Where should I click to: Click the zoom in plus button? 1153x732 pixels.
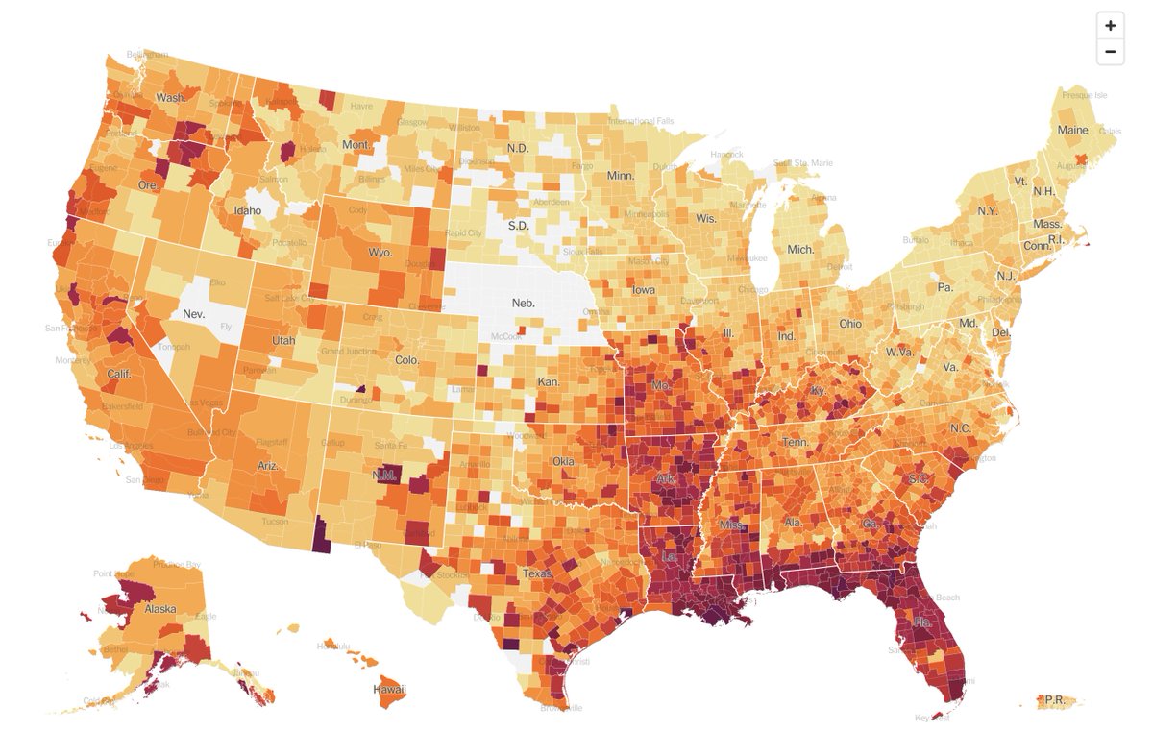[1110, 26]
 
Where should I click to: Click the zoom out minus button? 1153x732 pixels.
[1110, 51]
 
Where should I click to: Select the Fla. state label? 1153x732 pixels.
[923, 622]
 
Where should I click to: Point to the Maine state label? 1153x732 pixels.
[1073, 130]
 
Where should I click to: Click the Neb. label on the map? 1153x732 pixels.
[523, 303]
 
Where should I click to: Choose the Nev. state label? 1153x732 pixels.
[193, 314]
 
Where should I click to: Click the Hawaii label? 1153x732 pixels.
[389, 690]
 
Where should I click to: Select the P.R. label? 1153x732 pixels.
[1055, 699]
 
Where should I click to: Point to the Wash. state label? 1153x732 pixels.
[171, 98]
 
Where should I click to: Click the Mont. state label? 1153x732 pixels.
[356, 145]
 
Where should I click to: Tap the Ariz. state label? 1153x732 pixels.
[268, 464]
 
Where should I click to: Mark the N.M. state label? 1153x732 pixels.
[384, 476]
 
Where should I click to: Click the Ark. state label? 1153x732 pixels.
[665, 478]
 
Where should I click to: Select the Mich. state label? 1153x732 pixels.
[800, 249]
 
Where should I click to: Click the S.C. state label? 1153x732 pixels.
[917, 478]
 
